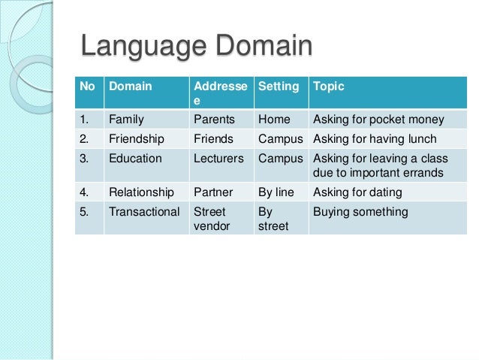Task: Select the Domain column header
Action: click(131, 86)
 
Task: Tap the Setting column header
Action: click(279, 86)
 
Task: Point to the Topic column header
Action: click(328, 86)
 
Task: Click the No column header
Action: click(87, 86)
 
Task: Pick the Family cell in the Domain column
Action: click(126, 119)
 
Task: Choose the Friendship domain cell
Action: click(137, 139)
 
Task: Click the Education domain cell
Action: click(135, 159)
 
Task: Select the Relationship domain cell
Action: click(140, 192)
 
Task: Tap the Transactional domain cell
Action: click(144, 212)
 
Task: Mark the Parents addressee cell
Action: click(214, 119)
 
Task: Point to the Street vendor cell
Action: click(211, 219)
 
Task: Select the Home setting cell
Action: click(274, 119)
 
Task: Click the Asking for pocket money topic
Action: click(378, 119)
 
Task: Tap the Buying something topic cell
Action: click(360, 212)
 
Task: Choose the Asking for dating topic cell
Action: click(359, 192)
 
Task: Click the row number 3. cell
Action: click(85, 159)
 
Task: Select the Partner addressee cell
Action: click(212, 192)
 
